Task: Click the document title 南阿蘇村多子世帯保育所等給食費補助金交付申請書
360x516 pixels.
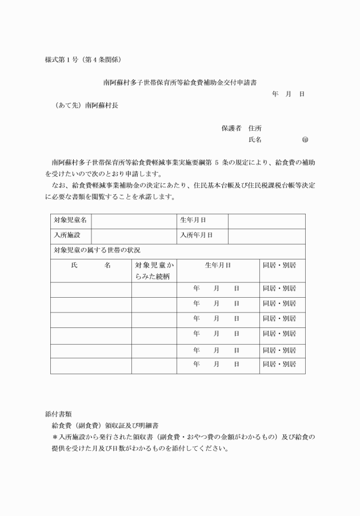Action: click(x=179, y=82)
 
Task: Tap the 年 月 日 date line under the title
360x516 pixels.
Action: click(x=288, y=94)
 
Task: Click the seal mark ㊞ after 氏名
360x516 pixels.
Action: click(x=305, y=139)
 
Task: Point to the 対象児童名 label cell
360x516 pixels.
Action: click(x=70, y=220)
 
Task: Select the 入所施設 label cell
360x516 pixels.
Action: click(x=67, y=235)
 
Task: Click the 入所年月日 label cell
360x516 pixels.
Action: click(x=196, y=235)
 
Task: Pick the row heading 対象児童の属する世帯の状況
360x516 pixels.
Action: click(x=97, y=250)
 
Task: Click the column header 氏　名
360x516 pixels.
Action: click(x=90, y=266)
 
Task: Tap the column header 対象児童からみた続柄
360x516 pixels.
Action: click(x=154, y=271)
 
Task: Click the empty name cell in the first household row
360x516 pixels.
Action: click(x=90, y=289)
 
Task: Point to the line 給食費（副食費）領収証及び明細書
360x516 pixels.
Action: click(x=105, y=426)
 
